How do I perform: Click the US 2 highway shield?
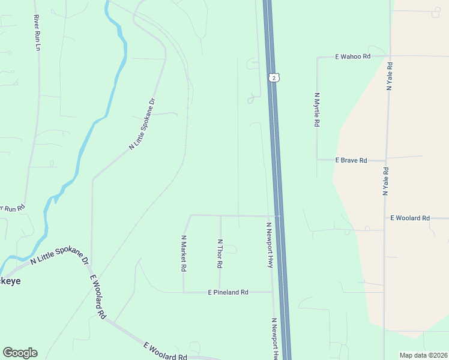[x=274, y=78]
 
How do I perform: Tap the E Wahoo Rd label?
[x=353, y=56]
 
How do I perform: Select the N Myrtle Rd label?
[x=316, y=109]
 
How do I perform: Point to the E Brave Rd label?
[x=351, y=160]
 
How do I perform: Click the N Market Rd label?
[x=184, y=254]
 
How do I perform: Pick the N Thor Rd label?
[x=220, y=253]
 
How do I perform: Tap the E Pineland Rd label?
[x=228, y=292]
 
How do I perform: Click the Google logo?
[x=20, y=353]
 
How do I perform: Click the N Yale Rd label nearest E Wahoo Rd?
[x=390, y=76]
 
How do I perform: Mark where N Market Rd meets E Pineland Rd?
[x=184, y=292]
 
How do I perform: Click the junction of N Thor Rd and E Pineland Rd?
[x=220, y=292]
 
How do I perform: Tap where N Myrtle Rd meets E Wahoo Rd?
[x=317, y=58]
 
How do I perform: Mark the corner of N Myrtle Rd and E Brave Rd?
[x=317, y=160]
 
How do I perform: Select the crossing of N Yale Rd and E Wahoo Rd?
[x=391, y=56]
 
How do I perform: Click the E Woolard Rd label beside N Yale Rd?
[x=410, y=218]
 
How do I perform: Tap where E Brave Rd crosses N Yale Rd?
[x=385, y=159]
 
